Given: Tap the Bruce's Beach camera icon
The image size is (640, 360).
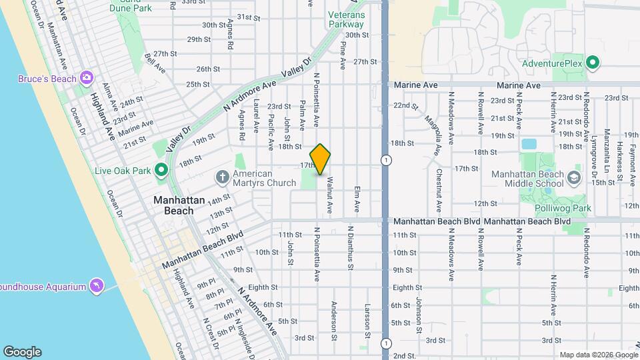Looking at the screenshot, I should tap(86, 79).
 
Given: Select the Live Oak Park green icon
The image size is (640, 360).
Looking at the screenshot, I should tap(161, 171).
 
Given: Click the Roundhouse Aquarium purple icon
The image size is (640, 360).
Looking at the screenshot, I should tap(97, 286).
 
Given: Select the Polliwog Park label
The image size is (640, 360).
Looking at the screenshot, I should tap(563, 209).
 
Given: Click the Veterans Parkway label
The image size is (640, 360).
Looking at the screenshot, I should tap(346, 19).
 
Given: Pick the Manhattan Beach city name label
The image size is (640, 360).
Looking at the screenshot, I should tap(173, 205).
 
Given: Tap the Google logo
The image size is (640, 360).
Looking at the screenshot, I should tap(22, 351).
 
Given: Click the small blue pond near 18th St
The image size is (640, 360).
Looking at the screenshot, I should tap(529, 143).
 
